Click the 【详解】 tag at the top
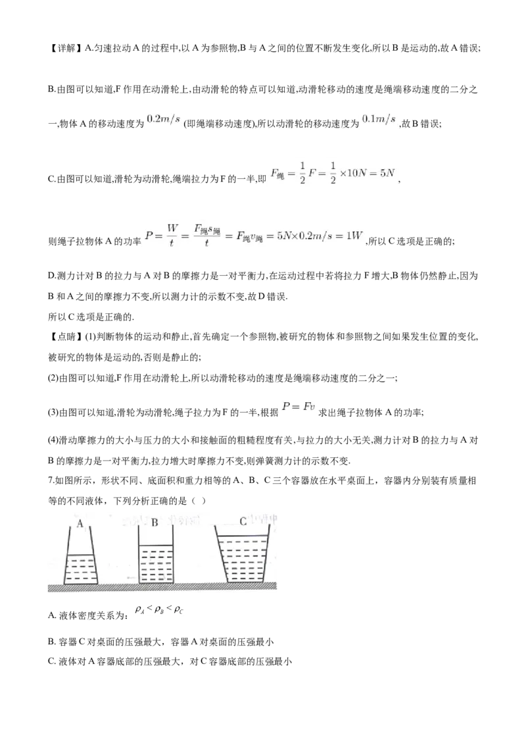(64, 48)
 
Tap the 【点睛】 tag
(64, 337)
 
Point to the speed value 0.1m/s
(379, 119)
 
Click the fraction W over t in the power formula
(172, 235)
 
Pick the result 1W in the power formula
(354, 235)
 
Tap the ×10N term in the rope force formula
(353, 173)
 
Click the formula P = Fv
(298, 406)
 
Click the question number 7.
(51, 481)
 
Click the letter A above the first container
(80, 524)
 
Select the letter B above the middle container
(155, 523)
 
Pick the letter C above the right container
(243, 521)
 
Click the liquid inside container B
(156, 565)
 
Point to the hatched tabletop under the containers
(162, 587)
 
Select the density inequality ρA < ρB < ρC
(159, 609)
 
